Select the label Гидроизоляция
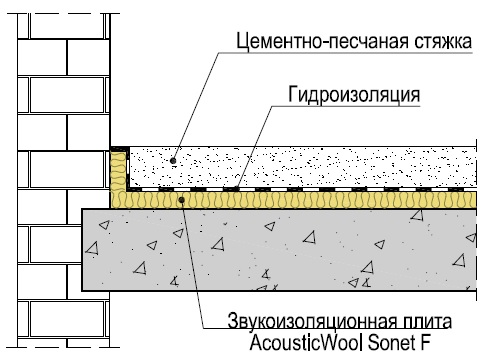pos(354,95)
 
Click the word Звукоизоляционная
pos(312,322)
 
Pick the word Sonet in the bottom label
pos(390,342)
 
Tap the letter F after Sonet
pos(425,342)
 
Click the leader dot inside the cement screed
pos(173,161)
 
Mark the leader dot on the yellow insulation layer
pos(182,200)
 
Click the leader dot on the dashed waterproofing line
pos(236,189)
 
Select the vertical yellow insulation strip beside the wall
pos(118,170)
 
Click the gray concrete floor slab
pos(279,250)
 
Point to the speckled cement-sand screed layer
pos(303,167)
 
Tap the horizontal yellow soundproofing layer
pos(293,200)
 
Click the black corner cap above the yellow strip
pos(120,149)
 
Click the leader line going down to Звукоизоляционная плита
pos(193,263)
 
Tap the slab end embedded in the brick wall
pos(96,250)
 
